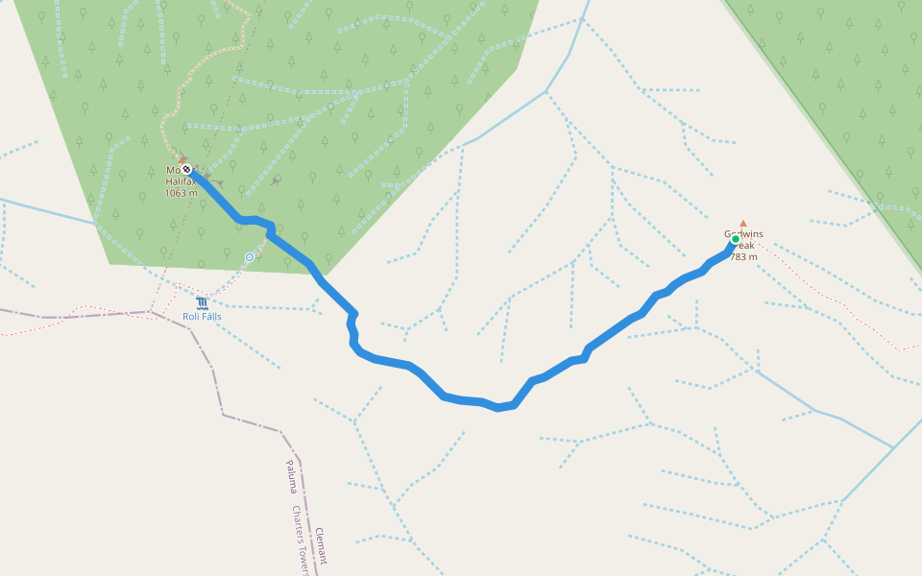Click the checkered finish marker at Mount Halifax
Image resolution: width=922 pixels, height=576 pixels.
[x=186, y=170]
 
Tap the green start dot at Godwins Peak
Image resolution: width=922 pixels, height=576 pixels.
[x=736, y=239]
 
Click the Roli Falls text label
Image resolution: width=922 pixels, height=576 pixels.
[x=202, y=316]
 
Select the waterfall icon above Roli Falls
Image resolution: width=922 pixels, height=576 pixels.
[x=202, y=303]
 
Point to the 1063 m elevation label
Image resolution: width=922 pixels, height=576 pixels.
[x=181, y=193]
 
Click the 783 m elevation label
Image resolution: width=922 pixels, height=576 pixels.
[x=743, y=256]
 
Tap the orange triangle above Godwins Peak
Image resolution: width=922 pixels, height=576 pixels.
[x=742, y=223]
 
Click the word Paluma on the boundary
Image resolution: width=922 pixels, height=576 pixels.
[x=290, y=476]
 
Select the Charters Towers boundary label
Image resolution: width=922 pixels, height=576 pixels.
[x=303, y=541]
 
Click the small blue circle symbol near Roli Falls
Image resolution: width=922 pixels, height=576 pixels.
[x=250, y=257]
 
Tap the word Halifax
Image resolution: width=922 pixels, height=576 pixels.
[x=181, y=181]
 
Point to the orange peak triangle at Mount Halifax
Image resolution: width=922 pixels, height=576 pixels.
[x=182, y=159]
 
